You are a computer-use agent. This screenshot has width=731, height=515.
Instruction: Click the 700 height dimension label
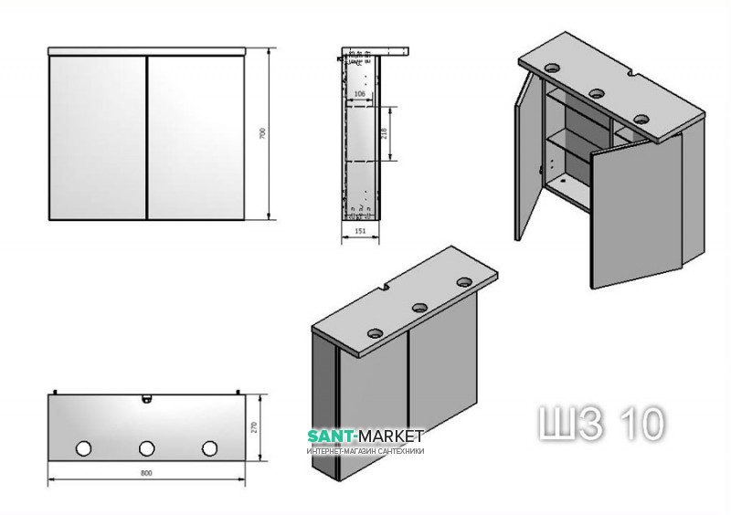point(262,133)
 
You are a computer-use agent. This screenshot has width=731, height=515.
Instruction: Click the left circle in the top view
point(84,448)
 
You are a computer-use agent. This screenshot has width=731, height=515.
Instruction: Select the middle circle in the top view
point(146,448)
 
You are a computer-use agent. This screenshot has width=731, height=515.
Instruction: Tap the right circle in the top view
point(209,448)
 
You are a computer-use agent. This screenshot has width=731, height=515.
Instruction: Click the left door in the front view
point(97,137)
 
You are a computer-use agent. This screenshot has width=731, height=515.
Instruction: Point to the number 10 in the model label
point(641,422)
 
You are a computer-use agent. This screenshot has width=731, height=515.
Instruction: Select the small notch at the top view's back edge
point(145,399)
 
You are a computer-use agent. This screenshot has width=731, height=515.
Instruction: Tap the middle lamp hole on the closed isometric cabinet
point(421,308)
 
